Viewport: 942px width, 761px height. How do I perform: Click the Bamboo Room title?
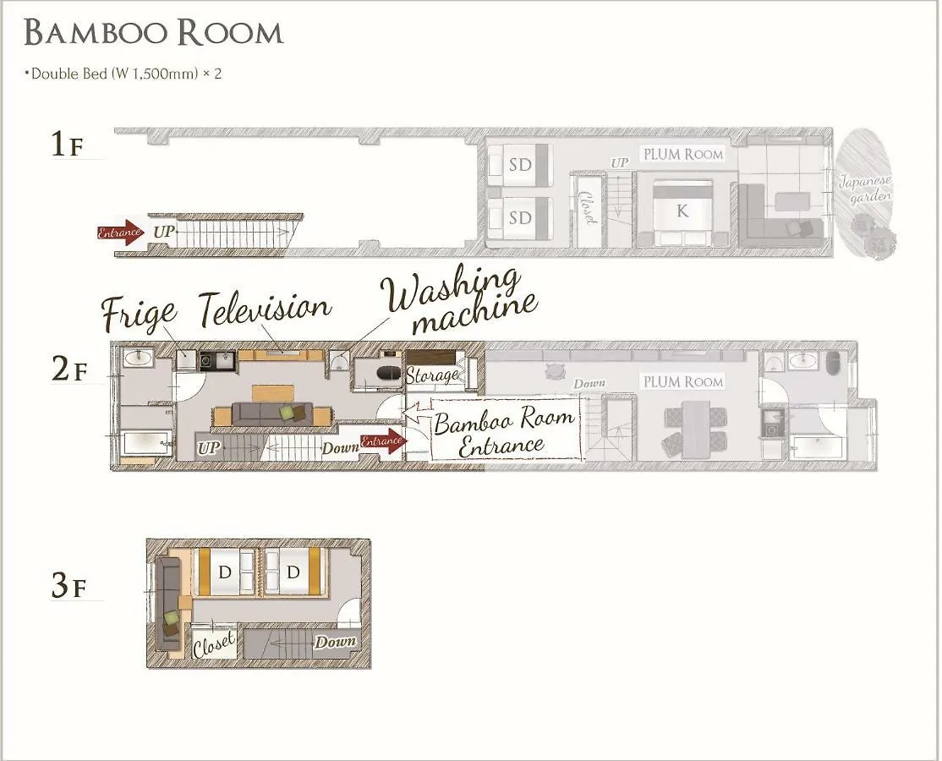[154, 33]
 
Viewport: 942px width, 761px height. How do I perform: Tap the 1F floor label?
[68, 145]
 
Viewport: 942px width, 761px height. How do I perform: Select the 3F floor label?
[68, 586]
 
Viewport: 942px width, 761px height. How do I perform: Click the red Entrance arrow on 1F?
[121, 233]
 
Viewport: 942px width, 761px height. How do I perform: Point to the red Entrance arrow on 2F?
[384, 441]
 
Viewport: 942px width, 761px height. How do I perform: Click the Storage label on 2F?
[433, 375]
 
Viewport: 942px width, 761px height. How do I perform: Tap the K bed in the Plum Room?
[682, 211]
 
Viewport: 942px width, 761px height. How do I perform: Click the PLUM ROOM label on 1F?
[683, 155]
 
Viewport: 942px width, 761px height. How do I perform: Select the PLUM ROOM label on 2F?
[683, 382]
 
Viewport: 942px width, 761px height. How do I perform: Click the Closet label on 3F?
[213, 643]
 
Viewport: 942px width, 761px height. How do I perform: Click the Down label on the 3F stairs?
[336, 642]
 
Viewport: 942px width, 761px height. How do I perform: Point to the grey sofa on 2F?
[272, 413]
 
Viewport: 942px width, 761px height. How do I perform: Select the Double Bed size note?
[123, 74]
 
